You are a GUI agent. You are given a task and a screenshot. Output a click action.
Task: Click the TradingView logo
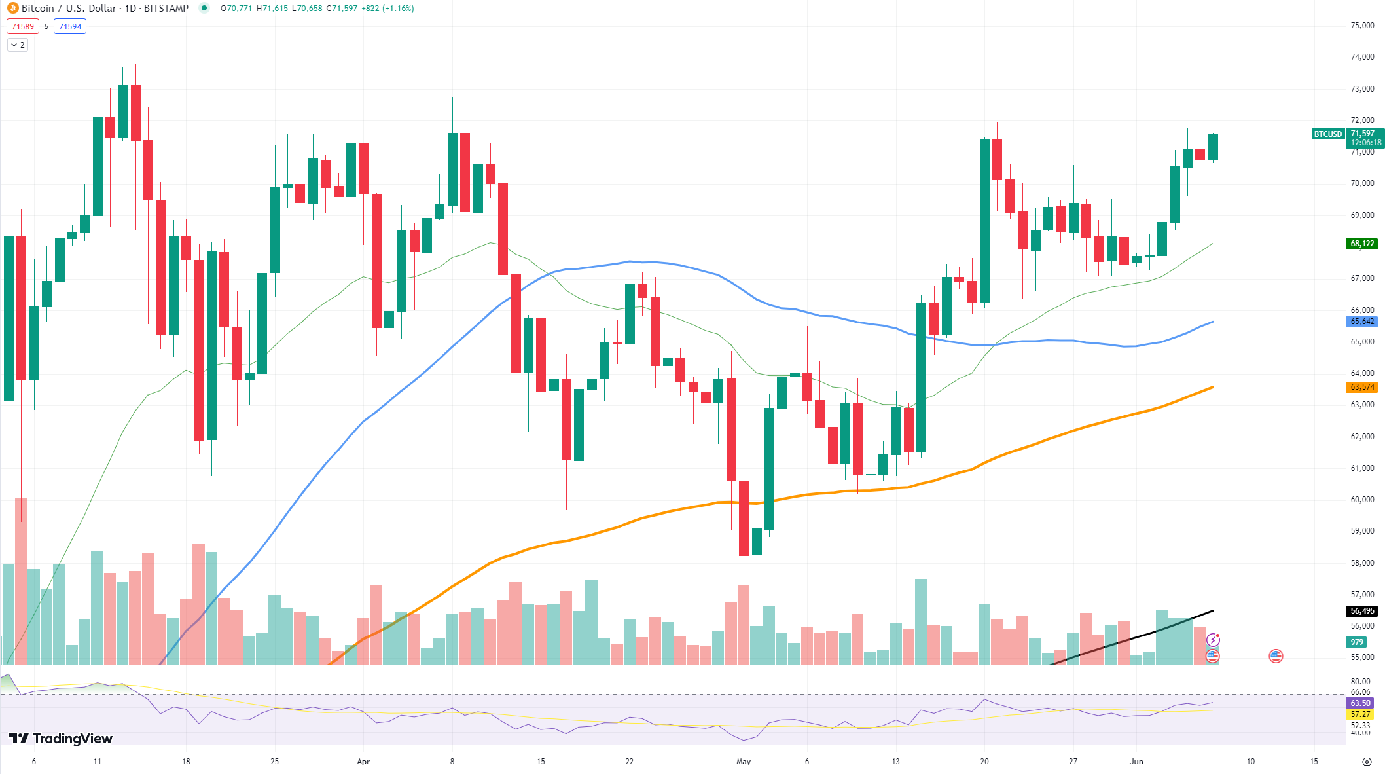[60, 739]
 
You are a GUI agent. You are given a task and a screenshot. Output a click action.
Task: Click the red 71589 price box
[22, 27]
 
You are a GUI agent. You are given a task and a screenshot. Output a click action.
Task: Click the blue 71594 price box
[70, 27]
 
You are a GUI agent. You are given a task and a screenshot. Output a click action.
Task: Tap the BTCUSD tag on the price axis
[1327, 134]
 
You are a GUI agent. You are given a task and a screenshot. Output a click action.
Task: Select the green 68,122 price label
[1362, 244]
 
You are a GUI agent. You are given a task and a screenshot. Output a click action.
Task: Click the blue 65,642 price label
[1362, 322]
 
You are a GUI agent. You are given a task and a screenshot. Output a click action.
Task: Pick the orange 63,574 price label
[1362, 387]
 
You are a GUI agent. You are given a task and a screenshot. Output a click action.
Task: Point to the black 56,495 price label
[1362, 611]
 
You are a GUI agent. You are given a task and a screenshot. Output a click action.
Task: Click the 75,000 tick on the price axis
[1362, 26]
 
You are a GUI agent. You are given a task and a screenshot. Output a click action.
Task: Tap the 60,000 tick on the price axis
[1362, 500]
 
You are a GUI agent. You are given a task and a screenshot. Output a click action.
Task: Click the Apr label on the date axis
[363, 762]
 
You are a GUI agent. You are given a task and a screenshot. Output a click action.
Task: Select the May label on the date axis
[744, 762]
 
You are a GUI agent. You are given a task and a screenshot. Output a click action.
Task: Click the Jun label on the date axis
[1136, 762]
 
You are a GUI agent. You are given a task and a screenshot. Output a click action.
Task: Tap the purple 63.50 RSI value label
[1360, 703]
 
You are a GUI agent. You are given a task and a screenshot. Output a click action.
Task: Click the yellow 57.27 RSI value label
[1360, 714]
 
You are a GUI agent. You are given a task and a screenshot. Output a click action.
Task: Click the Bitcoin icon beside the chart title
[12, 9]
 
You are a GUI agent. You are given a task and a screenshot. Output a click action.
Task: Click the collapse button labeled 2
[18, 45]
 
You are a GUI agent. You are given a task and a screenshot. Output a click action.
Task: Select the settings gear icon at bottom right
[1367, 762]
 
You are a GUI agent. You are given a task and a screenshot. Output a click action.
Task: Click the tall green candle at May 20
[984, 221]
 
